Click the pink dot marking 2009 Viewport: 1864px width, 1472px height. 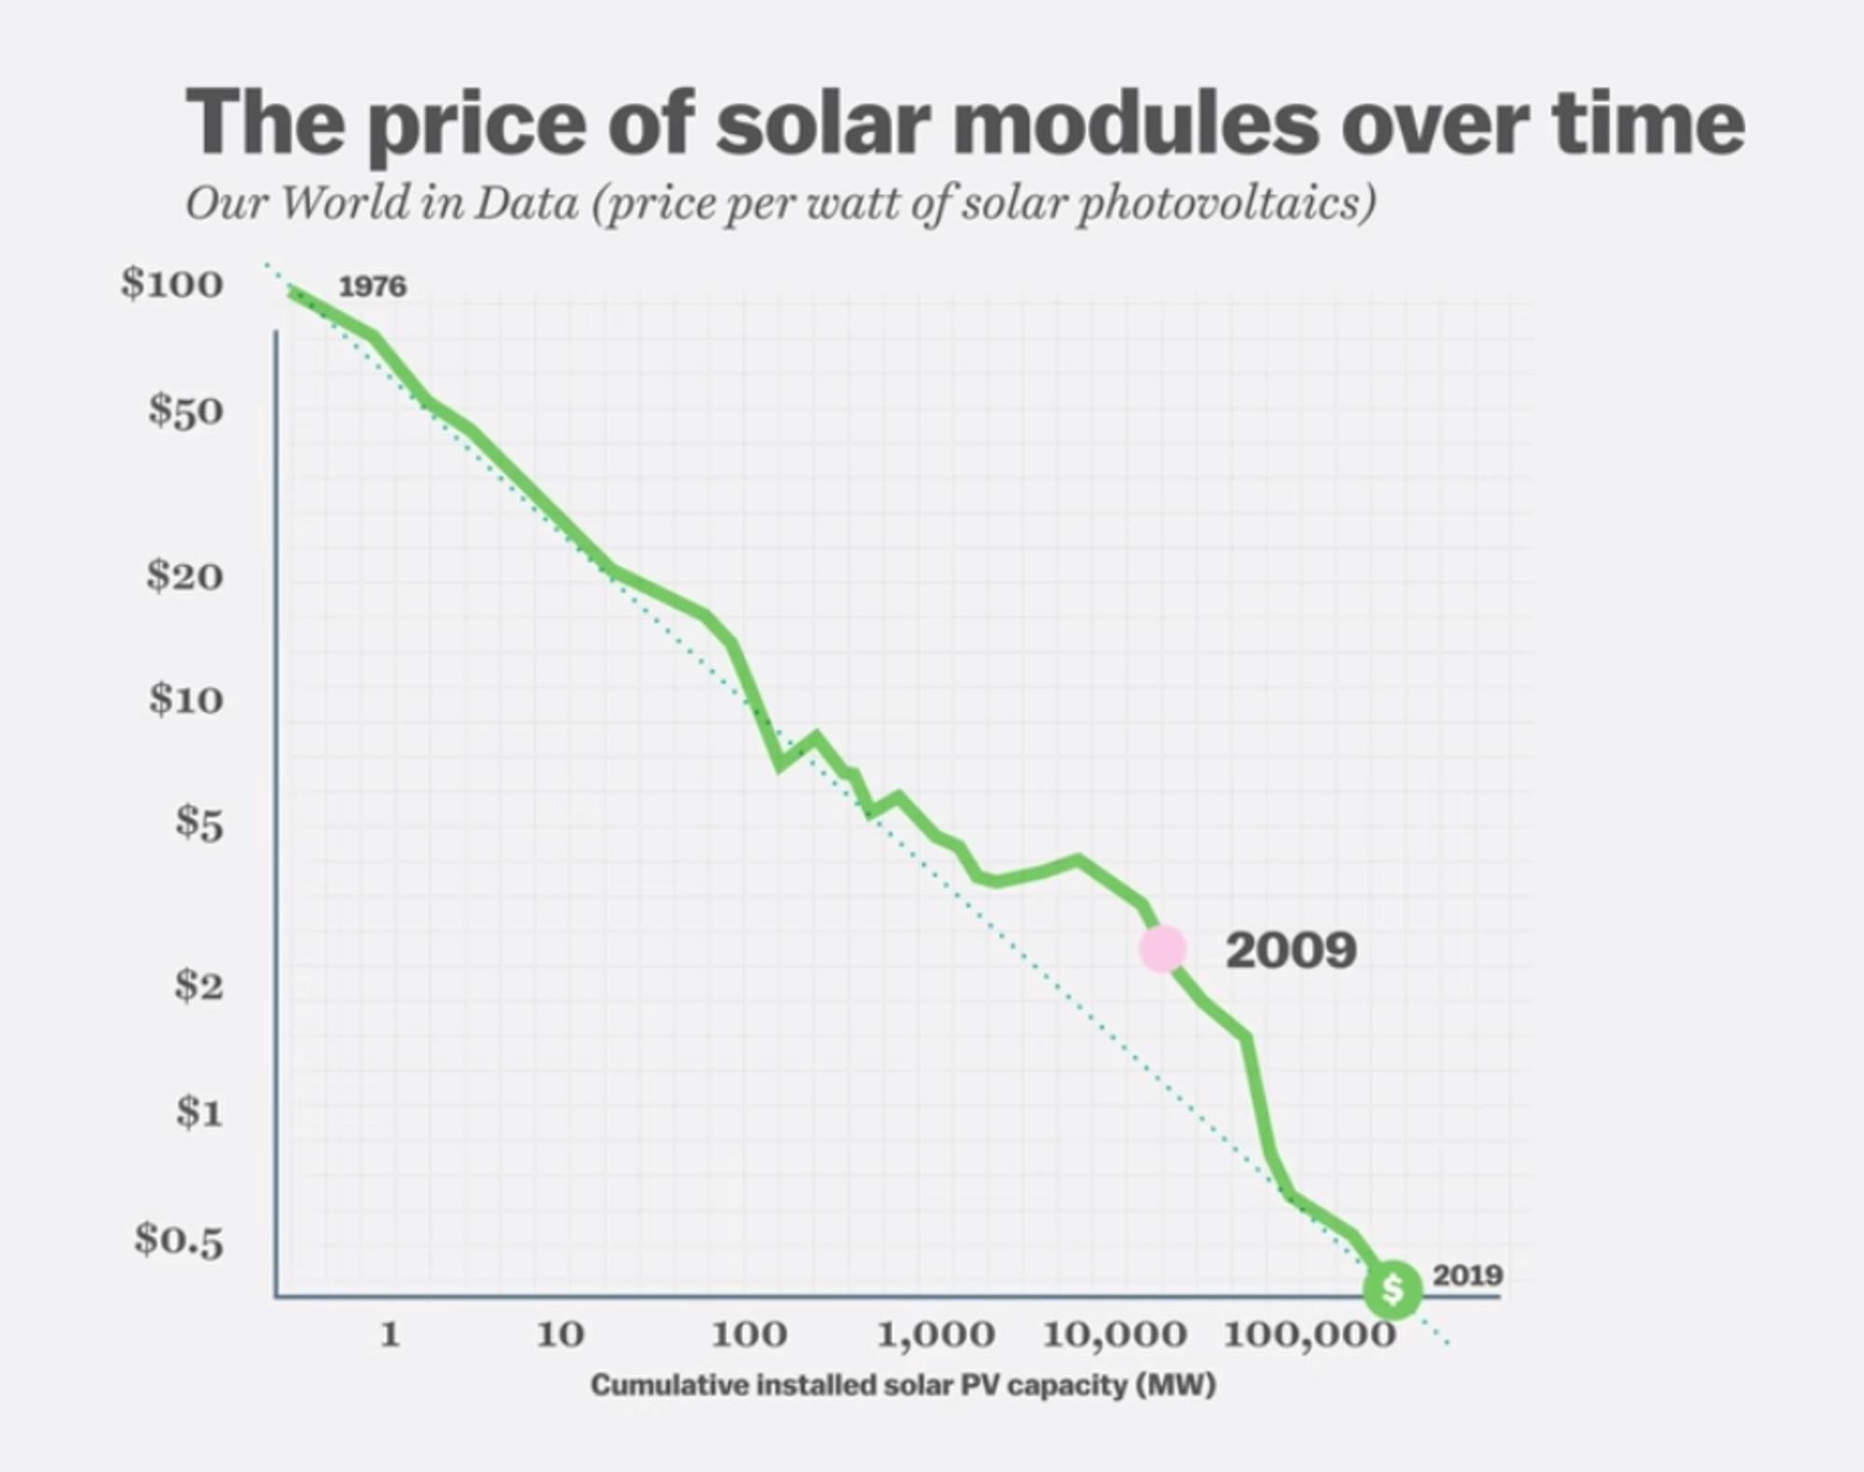coord(1163,949)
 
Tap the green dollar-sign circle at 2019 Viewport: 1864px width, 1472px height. coord(1392,1289)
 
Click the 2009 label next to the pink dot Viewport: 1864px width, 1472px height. coord(1291,951)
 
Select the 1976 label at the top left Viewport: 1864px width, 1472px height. coord(372,286)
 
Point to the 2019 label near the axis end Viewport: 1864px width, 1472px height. coord(1467,1274)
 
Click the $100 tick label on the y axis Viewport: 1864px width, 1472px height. coord(172,283)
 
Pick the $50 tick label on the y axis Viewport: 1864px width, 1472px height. coord(185,411)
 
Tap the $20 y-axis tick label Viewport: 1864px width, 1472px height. coord(185,575)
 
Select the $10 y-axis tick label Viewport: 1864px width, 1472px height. coord(185,698)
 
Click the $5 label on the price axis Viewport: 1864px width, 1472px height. coord(199,823)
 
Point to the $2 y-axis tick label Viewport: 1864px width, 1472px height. coord(199,984)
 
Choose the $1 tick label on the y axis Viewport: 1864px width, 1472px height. coord(199,1111)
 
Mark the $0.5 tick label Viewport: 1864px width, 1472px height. coord(179,1239)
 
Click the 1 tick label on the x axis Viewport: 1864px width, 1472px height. coord(391,1335)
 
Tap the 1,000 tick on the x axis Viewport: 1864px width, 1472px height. coord(936,1336)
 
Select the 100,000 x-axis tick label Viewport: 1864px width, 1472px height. coord(1309,1336)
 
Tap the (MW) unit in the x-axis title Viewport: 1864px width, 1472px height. coord(1175,1385)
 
